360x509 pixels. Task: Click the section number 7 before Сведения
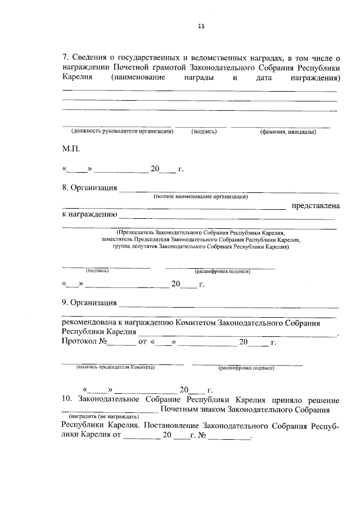tap(64, 56)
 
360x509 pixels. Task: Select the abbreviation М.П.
tap(71, 150)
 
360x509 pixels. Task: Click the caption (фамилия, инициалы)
tap(287, 132)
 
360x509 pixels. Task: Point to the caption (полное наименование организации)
tap(201, 196)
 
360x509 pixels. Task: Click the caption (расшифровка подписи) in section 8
tap(222, 271)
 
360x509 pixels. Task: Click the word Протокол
tap(80, 342)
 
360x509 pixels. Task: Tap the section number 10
tap(66, 400)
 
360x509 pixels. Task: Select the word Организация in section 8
tap(93, 188)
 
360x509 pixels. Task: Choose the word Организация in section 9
tap(93, 303)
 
